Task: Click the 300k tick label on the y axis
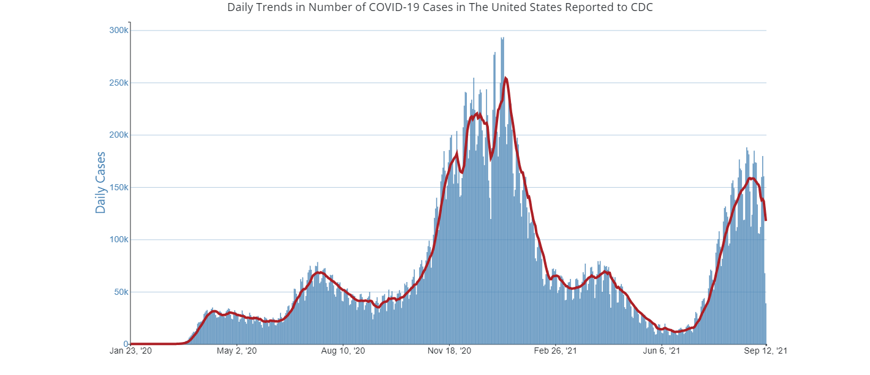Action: point(118,31)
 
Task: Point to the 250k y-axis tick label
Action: point(118,83)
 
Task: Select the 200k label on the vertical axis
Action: point(118,135)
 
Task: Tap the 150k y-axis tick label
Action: point(118,187)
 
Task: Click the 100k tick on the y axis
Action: point(118,240)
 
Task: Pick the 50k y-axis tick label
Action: point(119,292)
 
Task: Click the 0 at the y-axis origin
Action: point(126,344)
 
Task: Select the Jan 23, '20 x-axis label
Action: point(131,351)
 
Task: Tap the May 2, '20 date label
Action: point(236,351)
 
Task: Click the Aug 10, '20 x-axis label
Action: point(343,351)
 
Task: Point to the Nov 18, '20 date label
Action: point(450,351)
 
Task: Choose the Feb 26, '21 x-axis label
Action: point(555,351)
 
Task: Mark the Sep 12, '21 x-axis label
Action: point(766,351)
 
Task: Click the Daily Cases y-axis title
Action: point(100,182)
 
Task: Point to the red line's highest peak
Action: point(505,78)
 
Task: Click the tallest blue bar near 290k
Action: point(502,39)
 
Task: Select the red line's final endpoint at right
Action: point(766,220)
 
